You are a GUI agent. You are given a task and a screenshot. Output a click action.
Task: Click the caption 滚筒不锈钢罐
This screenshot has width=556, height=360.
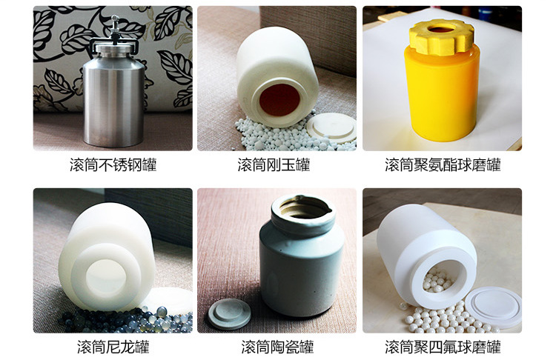pos(113,165)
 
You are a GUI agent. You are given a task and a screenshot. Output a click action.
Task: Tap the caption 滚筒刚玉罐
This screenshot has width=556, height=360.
pos(274,165)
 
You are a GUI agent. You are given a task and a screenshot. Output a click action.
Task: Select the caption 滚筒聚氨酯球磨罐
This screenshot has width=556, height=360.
pos(443,165)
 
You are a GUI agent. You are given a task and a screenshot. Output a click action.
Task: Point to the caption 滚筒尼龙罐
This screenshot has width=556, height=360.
pos(113,347)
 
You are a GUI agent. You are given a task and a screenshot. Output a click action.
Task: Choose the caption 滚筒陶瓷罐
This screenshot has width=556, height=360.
pos(277,347)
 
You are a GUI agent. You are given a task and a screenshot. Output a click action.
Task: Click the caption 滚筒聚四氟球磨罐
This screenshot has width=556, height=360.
pos(443,347)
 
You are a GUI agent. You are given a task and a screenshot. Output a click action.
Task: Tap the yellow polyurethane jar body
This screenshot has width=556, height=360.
pos(442,96)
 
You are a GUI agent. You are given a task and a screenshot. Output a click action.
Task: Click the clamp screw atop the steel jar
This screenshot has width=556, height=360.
pos(114,24)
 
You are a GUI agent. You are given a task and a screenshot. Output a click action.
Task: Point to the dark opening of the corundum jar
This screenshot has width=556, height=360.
pos(279,100)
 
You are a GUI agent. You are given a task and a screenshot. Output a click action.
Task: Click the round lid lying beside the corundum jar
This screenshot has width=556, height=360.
pos(331,127)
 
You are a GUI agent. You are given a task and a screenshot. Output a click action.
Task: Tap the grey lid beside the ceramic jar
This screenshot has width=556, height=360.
pos(229,313)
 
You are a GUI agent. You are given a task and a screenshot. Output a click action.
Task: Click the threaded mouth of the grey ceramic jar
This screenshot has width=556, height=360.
pos(303,210)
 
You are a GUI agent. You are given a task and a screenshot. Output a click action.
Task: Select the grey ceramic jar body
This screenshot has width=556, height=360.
pos(302,262)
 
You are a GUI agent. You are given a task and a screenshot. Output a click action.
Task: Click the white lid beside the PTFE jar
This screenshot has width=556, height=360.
pos(493,307)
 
